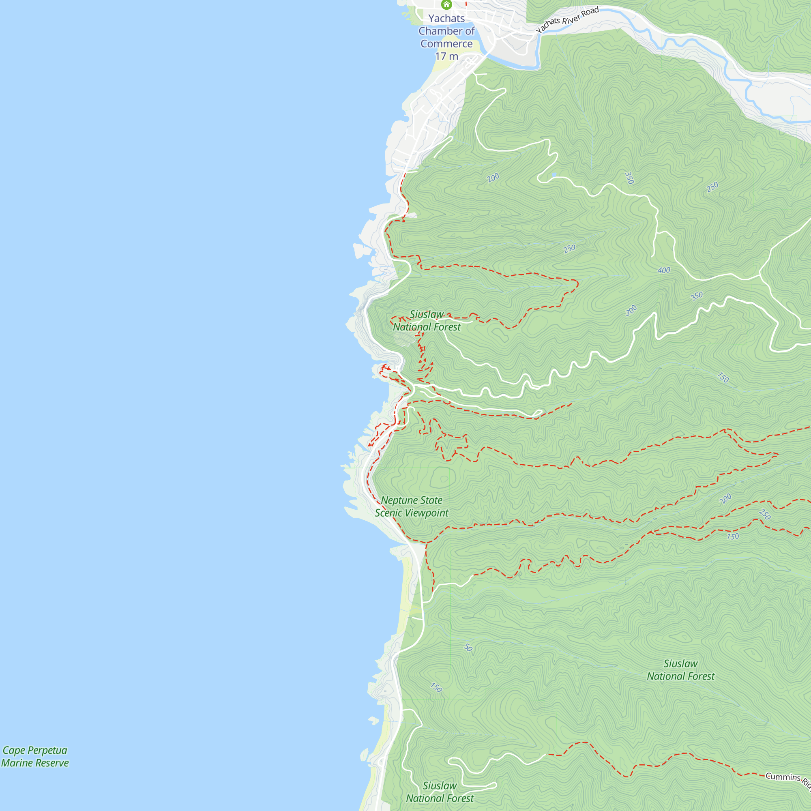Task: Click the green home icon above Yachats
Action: point(446,4)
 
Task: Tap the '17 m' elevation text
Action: point(446,56)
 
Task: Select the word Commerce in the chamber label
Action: point(446,44)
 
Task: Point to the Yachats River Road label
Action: point(567,20)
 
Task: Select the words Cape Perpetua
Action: point(35,750)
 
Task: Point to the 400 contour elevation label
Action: point(664,270)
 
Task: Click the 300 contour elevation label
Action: point(631,311)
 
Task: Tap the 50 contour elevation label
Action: point(468,648)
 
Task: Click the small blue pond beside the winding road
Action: point(554,174)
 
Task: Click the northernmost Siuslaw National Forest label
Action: point(427,321)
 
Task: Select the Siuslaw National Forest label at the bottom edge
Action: point(440,792)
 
